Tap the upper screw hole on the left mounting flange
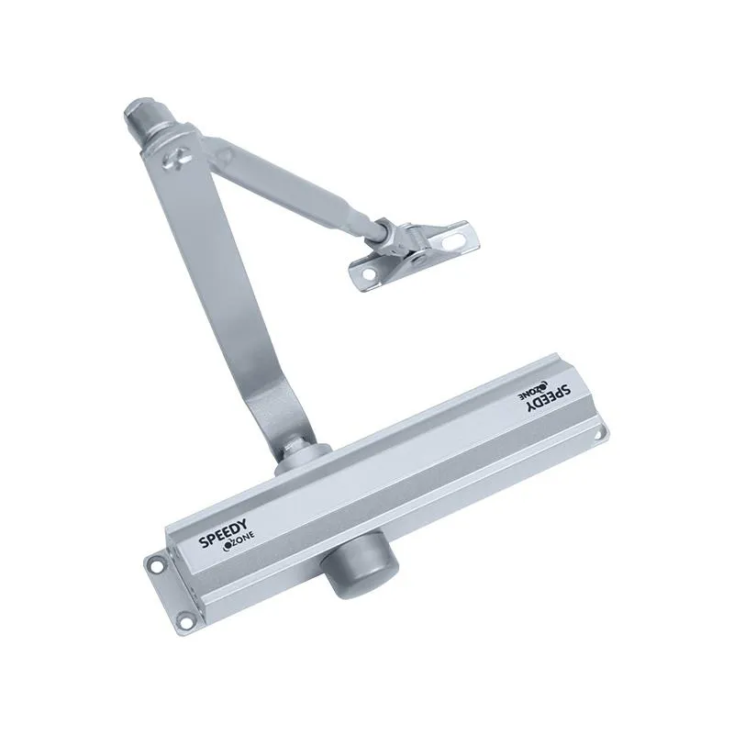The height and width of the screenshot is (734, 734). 152,562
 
